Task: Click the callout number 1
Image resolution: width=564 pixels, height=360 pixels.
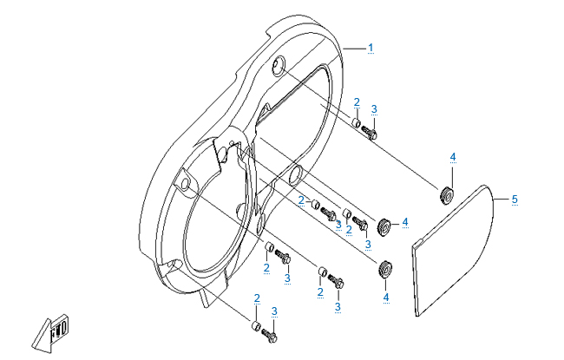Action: (371, 48)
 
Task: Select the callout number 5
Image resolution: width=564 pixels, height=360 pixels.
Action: (515, 200)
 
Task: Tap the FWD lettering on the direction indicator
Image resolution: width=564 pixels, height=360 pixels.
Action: (59, 330)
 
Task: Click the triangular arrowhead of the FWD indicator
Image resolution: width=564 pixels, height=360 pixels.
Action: (42, 336)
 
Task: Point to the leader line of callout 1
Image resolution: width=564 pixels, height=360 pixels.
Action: (355, 49)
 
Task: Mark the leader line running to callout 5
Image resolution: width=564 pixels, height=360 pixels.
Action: (502, 200)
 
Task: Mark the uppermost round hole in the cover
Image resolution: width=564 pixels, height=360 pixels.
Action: (278, 66)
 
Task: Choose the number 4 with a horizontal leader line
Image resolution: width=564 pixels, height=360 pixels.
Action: (405, 223)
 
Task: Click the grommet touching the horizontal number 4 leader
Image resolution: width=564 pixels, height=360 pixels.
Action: (384, 226)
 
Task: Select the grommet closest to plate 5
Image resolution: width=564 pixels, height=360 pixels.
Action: (446, 196)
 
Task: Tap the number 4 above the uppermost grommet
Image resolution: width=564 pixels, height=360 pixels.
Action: (453, 157)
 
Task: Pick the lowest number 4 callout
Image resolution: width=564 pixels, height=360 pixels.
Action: (386, 298)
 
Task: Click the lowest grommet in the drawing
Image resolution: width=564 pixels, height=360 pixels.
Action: (385, 268)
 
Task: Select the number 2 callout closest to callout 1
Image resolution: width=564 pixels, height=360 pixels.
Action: (357, 102)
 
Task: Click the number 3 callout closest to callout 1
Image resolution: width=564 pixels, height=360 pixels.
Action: (374, 109)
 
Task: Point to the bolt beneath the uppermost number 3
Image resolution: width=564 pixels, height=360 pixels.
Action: (370, 132)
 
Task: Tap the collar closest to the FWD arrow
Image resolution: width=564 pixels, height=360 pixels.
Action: (256, 326)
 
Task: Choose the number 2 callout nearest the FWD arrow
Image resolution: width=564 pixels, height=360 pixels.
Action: (257, 298)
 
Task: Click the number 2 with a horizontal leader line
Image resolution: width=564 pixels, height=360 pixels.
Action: (301, 200)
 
